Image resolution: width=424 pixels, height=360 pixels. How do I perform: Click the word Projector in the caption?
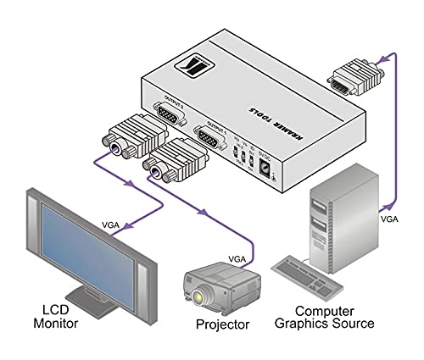point(221,325)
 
